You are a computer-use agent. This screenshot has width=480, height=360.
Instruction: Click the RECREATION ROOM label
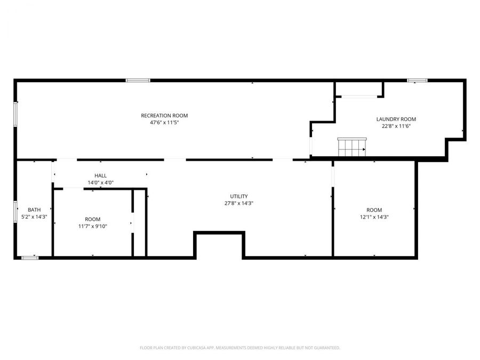[x=164, y=116]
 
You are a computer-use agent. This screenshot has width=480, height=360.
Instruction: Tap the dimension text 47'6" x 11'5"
[x=164, y=123]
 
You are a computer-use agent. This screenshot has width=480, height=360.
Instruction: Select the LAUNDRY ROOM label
[x=396, y=119]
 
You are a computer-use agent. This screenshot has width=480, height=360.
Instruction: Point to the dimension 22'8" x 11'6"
[x=396, y=126]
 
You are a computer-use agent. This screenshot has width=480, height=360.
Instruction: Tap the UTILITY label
[x=238, y=196]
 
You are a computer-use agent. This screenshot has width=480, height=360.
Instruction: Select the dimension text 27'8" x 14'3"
[x=238, y=203]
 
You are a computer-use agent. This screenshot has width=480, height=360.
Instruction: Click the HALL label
[x=100, y=175]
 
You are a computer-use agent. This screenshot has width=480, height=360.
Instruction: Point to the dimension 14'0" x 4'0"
[x=100, y=182]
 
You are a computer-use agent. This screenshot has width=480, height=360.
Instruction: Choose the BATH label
[x=34, y=210]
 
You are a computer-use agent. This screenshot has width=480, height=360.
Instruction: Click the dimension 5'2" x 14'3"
[x=34, y=217]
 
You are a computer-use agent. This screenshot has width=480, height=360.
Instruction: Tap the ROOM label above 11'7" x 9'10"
[x=92, y=219]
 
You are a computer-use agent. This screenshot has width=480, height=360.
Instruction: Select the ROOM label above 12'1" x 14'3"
[x=374, y=210]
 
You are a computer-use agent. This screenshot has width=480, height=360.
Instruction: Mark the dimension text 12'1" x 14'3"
[x=374, y=217]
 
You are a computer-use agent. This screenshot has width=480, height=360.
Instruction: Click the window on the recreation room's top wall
[x=138, y=81]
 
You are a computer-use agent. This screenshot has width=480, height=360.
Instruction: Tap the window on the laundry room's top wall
[x=417, y=81]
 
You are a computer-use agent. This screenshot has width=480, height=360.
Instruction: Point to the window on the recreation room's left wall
[x=15, y=115]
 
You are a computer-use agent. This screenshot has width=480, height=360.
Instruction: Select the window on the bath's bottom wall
[x=30, y=258]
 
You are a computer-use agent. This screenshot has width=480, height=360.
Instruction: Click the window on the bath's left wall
[x=15, y=211]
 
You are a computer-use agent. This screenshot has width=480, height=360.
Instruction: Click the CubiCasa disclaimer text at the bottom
[x=239, y=348]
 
